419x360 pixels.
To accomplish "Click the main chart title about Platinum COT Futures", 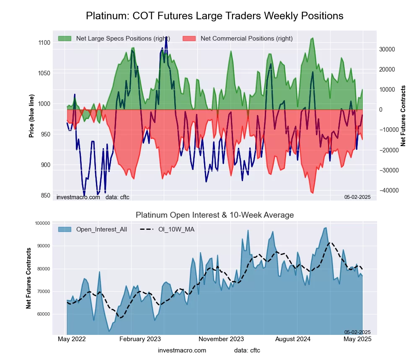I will click(x=215, y=16).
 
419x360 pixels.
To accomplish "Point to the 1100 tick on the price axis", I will click(x=44, y=43).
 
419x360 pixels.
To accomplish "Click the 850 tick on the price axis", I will click(x=45, y=195).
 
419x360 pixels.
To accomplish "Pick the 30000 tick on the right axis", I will click(x=388, y=49).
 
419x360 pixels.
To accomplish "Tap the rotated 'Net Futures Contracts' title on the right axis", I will click(x=403, y=116).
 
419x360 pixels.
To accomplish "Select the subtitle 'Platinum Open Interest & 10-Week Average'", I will click(x=215, y=215).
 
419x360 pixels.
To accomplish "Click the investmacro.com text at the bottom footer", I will click(x=182, y=350).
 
